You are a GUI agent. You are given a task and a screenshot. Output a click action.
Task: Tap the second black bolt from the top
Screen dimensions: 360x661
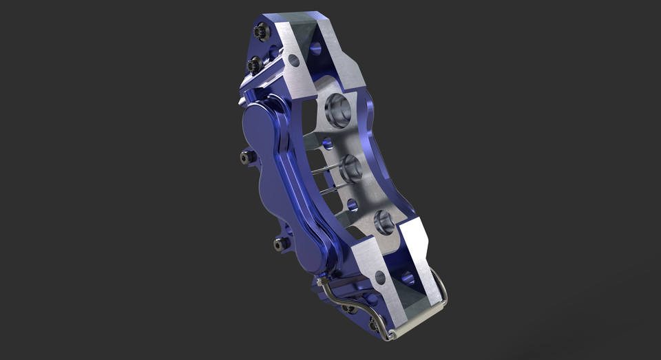click(254, 65)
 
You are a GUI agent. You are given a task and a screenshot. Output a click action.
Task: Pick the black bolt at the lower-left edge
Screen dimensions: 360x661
click(280, 244)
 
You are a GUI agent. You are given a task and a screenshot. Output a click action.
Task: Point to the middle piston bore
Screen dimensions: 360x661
click(349, 167)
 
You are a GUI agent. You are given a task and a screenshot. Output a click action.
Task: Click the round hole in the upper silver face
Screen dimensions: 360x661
click(294, 61)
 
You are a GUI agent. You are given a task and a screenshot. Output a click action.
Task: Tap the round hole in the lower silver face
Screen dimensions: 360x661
click(380, 277)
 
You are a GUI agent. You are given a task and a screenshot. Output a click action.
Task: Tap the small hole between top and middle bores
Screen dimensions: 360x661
click(328, 143)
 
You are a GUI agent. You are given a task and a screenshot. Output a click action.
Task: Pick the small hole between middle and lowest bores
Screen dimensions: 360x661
click(353, 204)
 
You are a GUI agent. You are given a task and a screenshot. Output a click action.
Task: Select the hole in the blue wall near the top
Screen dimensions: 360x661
click(315, 48)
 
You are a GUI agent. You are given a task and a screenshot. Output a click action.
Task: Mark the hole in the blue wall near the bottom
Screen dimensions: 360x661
click(408, 279)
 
